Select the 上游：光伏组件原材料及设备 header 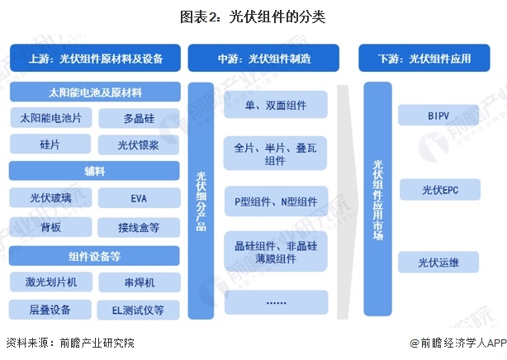tap(95, 59)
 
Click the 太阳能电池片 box tap(51, 118)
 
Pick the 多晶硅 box tap(138, 118)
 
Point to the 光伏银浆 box tap(138, 144)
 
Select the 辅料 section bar tap(95, 171)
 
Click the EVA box tap(138, 198)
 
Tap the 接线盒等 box tap(138, 225)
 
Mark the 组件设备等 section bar tap(95, 254)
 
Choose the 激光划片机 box tap(51, 282)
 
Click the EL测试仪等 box tap(138, 310)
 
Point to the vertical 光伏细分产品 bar tap(201, 201)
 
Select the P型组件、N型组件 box tap(276, 201)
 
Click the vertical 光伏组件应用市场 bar tap(379, 201)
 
